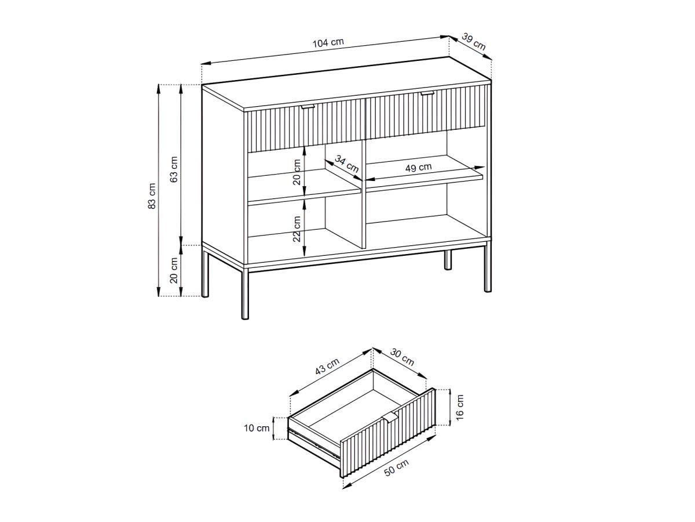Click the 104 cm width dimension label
[328, 42]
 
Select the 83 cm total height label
[152, 195]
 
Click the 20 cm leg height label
[174, 271]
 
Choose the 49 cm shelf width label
[418, 168]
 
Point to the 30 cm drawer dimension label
[402, 357]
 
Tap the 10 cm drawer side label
[257, 428]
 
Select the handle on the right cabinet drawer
[427, 92]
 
